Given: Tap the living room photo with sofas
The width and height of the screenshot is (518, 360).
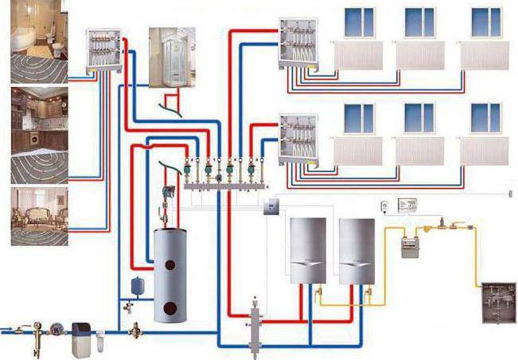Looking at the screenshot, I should click(39, 217).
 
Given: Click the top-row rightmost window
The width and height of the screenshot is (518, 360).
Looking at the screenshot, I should click(485, 22).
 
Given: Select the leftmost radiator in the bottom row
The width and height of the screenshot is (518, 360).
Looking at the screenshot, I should click(358, 151).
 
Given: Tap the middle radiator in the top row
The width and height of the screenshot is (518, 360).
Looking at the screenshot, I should click(420, 55).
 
